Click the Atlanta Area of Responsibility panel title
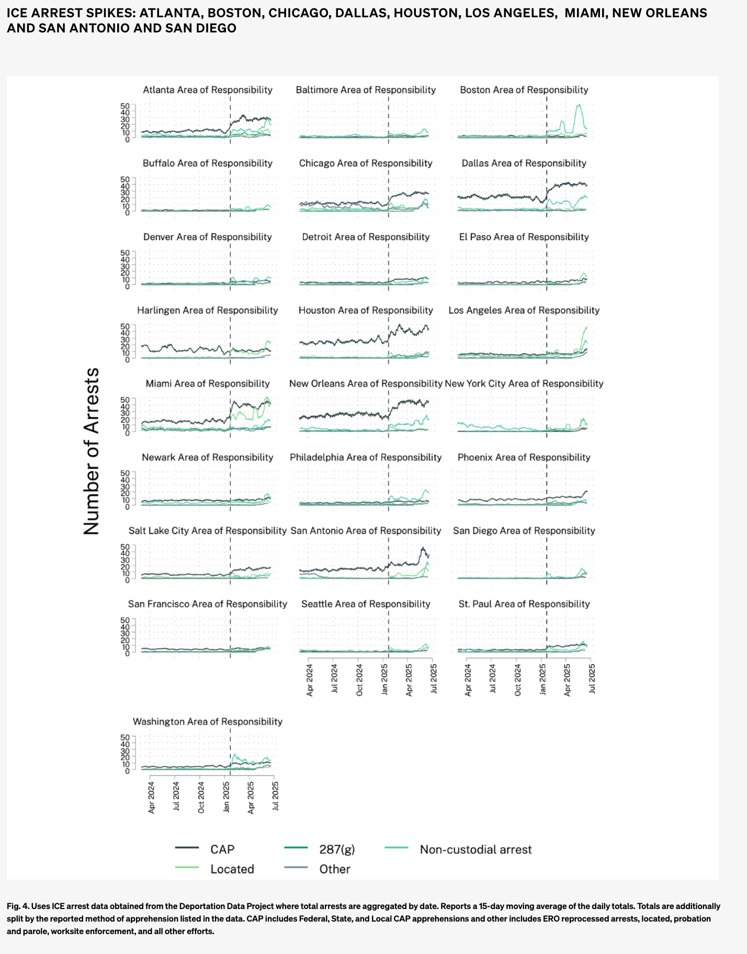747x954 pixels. [x=208, y=90]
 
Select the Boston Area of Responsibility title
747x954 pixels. [x=524, y=90]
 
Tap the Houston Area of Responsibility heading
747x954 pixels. [x=366, y=310]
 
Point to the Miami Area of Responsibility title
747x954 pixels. [x=208, y=383]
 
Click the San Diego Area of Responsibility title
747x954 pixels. [x=524, y=530]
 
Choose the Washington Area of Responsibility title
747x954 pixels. [x=208, y=721]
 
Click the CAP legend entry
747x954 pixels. [x=222, y=849]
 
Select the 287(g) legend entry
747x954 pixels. [x=337, y=849]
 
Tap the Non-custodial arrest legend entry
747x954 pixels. [x=476, y=849]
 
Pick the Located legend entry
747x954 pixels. [x=232, y=869]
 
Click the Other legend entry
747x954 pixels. [x=335, y=869]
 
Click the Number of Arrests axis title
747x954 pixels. [x=92, y=451]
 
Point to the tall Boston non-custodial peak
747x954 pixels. [x=579, y=106]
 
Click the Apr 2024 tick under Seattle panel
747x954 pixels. [x=310, y=679]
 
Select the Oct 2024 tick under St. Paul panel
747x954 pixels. [x=518, y=679]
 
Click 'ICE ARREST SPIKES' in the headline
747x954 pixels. [x=70, y=13]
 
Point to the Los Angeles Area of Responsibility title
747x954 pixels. [x=524, y=310]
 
